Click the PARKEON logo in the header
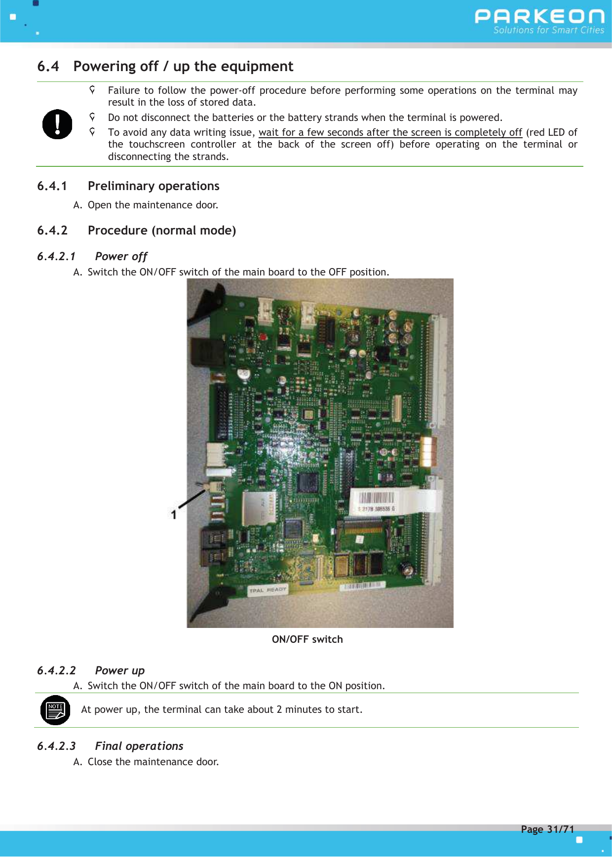click(539, 16)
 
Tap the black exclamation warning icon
click(57, 124)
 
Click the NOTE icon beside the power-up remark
click(55, 710)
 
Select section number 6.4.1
click(52, 186)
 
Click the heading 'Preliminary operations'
click(153, 186)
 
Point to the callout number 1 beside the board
click(174, 514)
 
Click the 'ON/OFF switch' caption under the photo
click(307, 639)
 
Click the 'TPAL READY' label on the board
click(268, 590)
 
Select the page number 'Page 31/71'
click(547, 829)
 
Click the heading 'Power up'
click(120, 670)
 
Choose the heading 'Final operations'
click(139, 746)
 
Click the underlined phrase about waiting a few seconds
click(390, 132)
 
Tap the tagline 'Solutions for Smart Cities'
click(548, 30)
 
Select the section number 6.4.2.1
click(56, 256)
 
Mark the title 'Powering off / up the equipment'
click(183, 66)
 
